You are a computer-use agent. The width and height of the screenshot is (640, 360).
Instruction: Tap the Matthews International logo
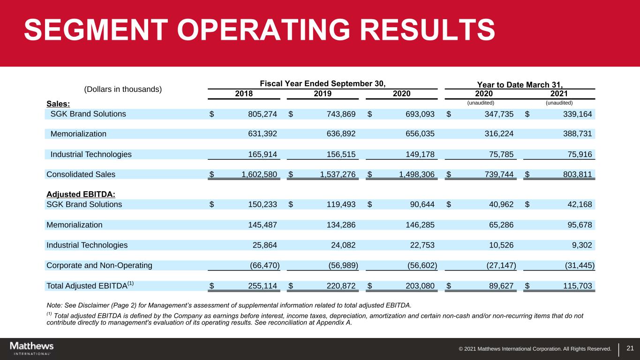pyautogui.click(x=32, y=348)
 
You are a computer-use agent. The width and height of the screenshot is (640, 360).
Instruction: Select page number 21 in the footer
pyautogui.click(x=630, y=348)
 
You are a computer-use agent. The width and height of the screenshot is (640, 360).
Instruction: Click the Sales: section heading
pyautogui.click(x=58, y=103)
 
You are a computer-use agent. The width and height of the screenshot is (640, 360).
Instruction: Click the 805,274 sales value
pyautogui.click(x=259, y=114)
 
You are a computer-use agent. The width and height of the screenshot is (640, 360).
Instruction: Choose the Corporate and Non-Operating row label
pyautogui.click(x=99, y=265)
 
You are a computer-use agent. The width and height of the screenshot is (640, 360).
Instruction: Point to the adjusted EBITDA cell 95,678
pyautogui.click(x=578, y=225)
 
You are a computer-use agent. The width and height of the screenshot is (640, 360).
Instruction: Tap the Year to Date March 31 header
pyautogui.click(x=515, y=84)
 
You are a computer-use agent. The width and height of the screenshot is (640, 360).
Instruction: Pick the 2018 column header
pyautogui.click(x=244, y=93)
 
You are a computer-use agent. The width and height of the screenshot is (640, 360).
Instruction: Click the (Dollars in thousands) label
pyautogui.click(x=123, y=89)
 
